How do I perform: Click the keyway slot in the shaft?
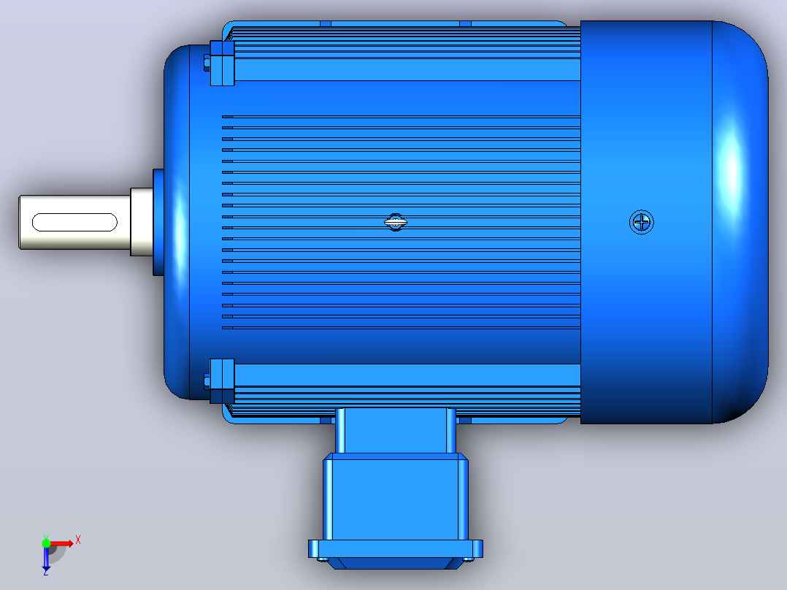pyautogui.click(x=74, y=222)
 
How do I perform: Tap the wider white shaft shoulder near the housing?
pyautogui.click(x=142, y=222)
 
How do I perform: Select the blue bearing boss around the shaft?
pyautogui.click(x=158, y=222)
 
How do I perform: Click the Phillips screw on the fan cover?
pyautogui.click(x=642, y=222)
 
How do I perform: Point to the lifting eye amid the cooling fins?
pyautogui.click(x=396, y=222)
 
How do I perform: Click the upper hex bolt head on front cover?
pyautogui.click(x=207, y=62)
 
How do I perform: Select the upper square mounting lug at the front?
pyautogui.click(x=223, y=64)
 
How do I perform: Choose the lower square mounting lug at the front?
pyautogui.click(x=223, y=381)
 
